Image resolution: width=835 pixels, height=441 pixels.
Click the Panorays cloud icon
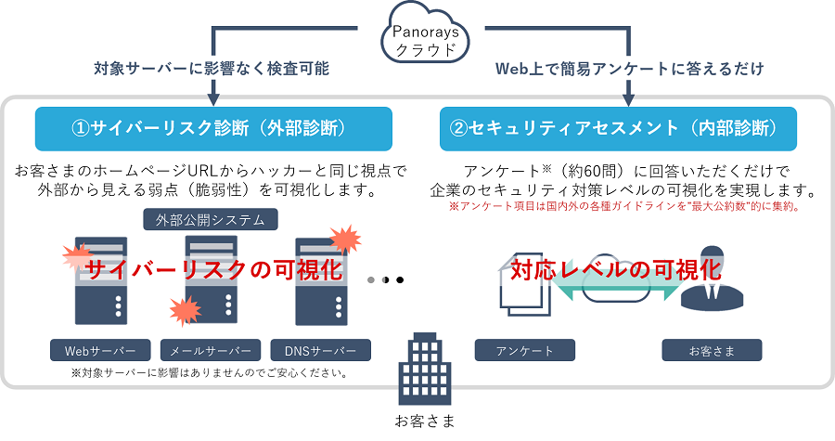point(420,38)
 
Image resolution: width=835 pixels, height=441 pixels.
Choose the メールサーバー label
point(211,351)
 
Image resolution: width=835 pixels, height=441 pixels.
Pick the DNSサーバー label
point(321,351)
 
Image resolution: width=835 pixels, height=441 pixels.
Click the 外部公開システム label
point(211,220)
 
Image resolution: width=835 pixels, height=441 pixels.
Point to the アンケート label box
point(525,351)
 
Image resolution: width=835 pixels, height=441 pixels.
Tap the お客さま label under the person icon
point(712,351)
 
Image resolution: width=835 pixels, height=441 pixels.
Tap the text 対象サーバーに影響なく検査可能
point(212,69)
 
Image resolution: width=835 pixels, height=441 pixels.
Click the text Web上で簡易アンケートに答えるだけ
point(630,69)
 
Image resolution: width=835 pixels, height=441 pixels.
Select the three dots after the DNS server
point(386,279)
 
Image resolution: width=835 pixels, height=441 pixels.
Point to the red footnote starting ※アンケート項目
point(625,207)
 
